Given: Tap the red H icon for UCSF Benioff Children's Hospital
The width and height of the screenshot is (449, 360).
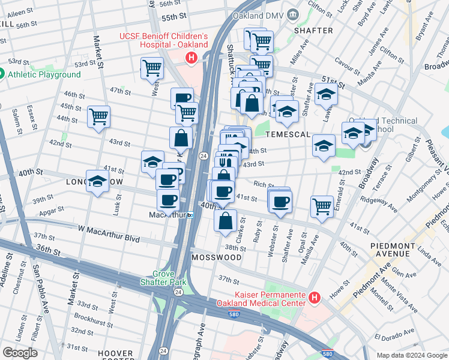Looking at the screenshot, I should (191, 58).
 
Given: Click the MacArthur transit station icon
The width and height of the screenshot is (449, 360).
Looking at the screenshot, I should (191, 215).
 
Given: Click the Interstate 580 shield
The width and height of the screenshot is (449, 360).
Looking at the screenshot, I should (327, 353).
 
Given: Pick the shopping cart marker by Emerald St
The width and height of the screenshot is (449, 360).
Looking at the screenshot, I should (322, 206).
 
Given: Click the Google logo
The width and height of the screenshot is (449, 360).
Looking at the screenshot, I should (19, 353).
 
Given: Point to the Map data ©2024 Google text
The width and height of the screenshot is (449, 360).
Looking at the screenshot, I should (411, 355).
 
